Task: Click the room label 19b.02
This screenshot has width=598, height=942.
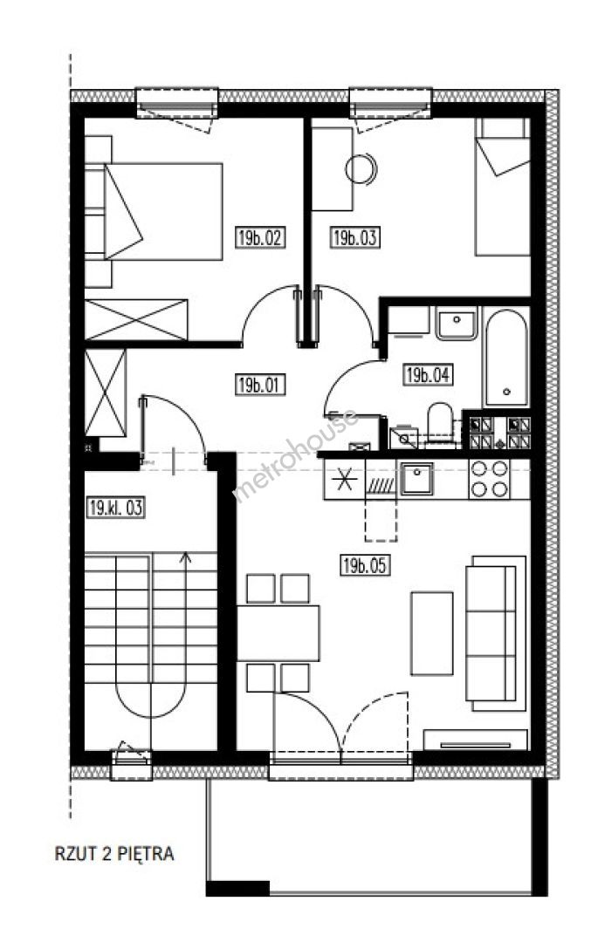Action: pos(259,237)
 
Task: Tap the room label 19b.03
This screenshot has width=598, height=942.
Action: pos(355,237)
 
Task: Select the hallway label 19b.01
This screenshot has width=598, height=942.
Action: pos(259,385)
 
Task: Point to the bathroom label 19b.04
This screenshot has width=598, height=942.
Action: pos(427,375)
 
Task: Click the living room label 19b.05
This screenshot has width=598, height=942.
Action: pos(365,565)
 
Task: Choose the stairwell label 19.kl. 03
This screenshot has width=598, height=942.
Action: pos(115,508)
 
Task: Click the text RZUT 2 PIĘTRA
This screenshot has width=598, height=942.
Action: pos(114,854)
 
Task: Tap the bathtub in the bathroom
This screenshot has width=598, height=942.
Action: pos(506,358)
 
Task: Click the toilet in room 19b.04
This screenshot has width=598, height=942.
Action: pos(440,425)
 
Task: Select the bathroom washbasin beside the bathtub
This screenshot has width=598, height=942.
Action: pos(457,324)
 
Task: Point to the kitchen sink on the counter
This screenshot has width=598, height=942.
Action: pos(416,478)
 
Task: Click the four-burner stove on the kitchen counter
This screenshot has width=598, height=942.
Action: pos(489,479)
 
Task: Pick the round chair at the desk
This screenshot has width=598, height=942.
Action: pos(361,169)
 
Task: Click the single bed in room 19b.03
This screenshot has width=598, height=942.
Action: pos(503,187)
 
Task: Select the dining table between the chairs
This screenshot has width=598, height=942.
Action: pos(278,633)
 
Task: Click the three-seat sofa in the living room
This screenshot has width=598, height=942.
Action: pos(496,633)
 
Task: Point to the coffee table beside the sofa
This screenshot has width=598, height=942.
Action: pos(431,633)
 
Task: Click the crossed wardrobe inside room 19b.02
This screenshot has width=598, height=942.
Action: pos(136,319)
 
